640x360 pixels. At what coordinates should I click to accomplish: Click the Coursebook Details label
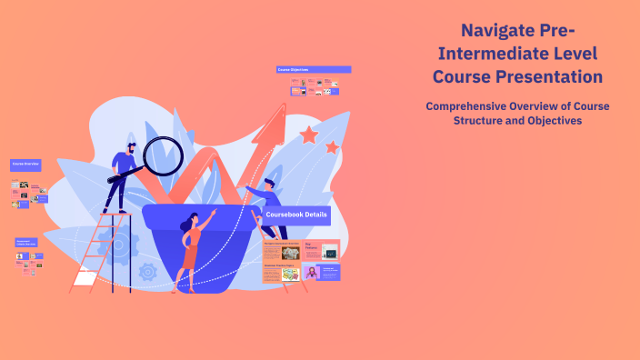(x=296, y=215)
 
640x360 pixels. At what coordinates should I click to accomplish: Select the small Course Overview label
(x=25, y=165)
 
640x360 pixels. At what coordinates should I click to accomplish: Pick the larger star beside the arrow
(x=309, y=135)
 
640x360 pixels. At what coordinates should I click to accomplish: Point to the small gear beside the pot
(x=147, y=270)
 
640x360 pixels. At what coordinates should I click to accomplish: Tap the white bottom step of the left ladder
(x=84, y=278)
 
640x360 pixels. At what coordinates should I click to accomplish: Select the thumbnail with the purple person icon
(x=313, y=272)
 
